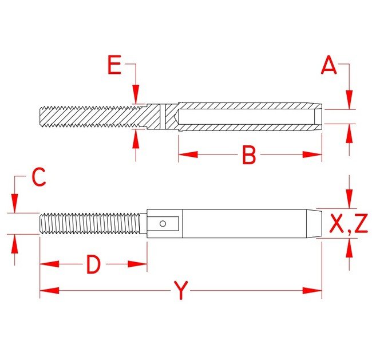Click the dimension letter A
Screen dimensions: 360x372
pyautogui.click(x=329, y=66)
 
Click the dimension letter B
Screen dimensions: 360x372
pyautogui.click(x=248, y=155)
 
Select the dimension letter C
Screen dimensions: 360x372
pyautogui.click(x=38, y=179)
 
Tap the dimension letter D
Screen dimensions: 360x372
pyautogui.click(x=93, y=264)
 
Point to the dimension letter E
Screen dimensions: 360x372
pyautogui.click(x=114, y=66)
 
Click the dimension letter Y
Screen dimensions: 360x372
pyautogui.click(x=181, y=291)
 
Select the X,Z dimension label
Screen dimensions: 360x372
pyautogui.click(x=348, y=224)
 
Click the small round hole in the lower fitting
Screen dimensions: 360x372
pyautogui.click(x=163, y=223)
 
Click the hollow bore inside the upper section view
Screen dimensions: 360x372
pyautogui.click(x=246, y=117)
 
